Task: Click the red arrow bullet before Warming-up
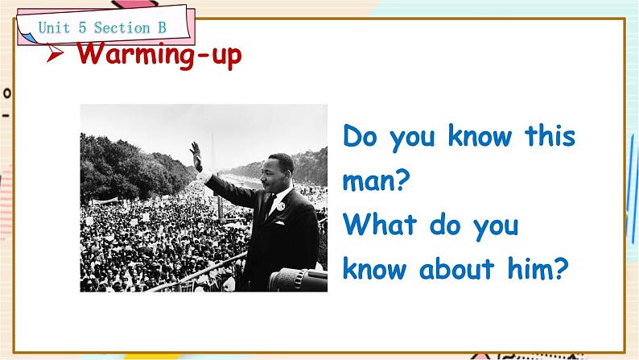(55, 53)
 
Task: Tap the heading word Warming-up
(159, 55)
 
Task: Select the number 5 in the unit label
(82, 27)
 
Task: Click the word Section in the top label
(122, 27)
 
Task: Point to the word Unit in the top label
(54, 27)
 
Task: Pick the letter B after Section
(162, 27)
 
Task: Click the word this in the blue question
(550, 135)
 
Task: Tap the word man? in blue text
(376, 180)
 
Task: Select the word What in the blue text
(380, 224)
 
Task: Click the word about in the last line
(456, 268)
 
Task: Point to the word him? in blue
(538, 268)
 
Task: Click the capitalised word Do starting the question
(361, 136)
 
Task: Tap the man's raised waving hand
(196, 155)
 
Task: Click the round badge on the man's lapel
(281, 206)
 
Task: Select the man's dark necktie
(270, 206)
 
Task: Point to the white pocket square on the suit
(279, 223)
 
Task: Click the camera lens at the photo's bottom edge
(298, 279)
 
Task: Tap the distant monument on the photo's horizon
(212, 151)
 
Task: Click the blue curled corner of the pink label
(27, 39)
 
